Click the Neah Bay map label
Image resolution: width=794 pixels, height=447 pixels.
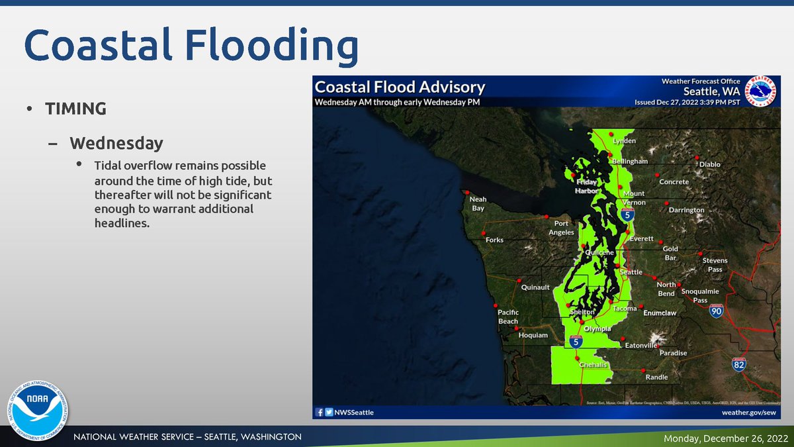(477, 203)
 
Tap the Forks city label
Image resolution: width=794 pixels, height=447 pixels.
(494, 240)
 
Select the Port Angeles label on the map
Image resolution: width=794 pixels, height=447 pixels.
(561, 228)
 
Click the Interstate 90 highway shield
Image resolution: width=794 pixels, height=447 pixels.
(715, 311)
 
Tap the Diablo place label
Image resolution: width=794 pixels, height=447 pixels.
(709, 164)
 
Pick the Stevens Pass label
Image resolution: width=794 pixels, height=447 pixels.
(715, 265)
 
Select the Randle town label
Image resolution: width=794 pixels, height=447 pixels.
(656, 377)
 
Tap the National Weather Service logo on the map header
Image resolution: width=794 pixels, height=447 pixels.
(761, 91)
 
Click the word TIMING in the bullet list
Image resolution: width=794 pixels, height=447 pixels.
(75, 109)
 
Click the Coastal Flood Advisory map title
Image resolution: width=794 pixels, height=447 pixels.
(400, 87)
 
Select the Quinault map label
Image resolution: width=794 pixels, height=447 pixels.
(535, 287)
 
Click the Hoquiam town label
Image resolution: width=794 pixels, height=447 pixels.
(533, 335)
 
